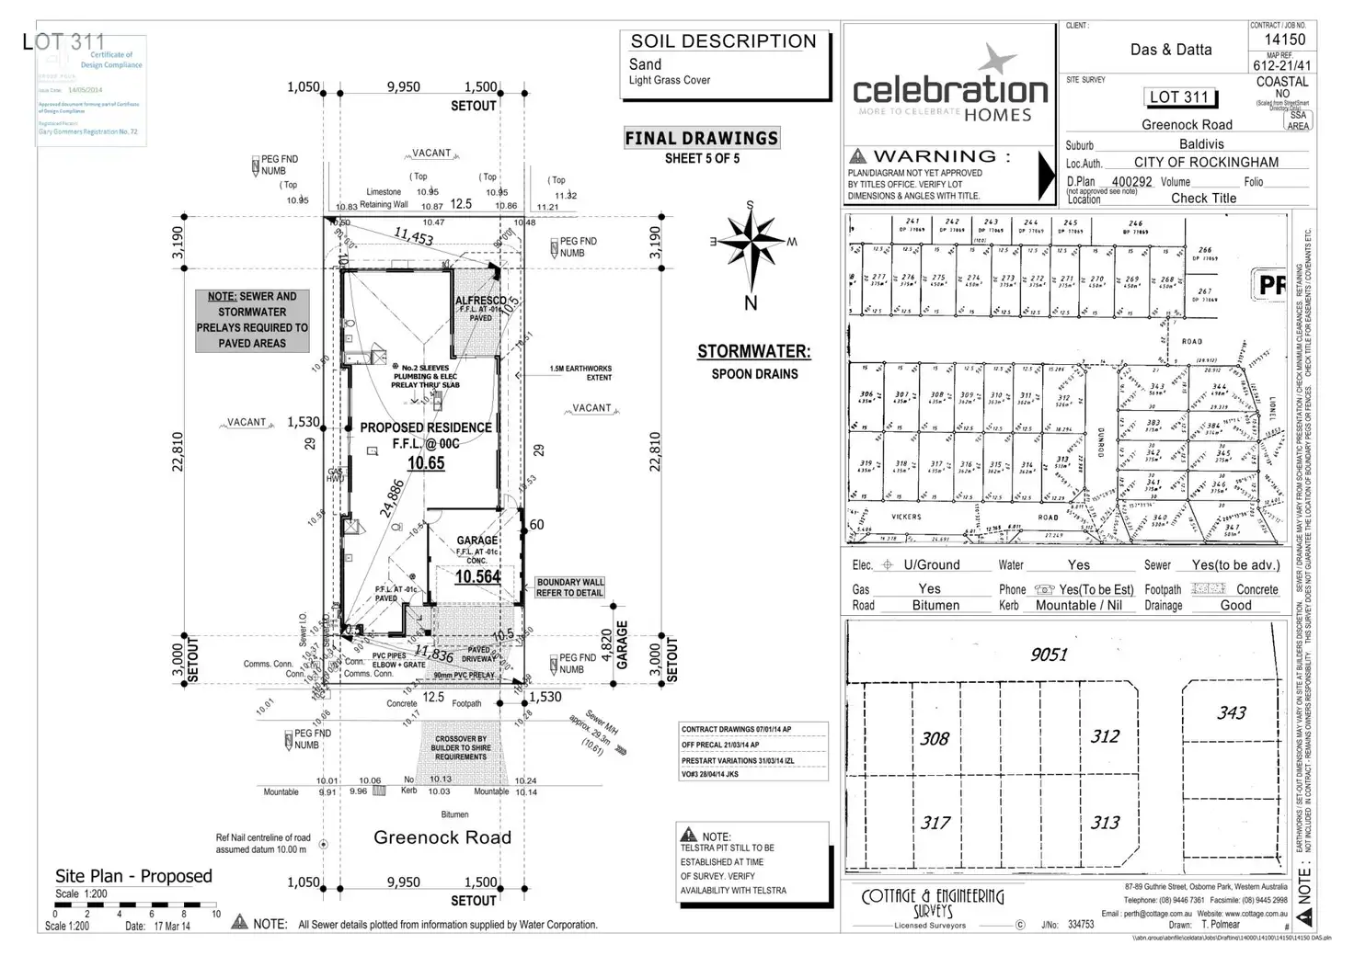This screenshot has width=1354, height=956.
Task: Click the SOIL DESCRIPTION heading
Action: click(723, 41)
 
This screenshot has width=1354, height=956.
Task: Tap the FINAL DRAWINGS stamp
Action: click(702, 139)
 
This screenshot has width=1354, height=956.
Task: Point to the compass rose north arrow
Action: click(752, 248)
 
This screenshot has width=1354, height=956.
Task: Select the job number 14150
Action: click(1284, 40)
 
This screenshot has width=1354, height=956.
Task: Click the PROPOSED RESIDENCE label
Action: click(425, 427)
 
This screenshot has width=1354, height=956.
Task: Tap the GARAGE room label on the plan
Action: click(477, 541)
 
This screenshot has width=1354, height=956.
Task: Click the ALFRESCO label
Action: click(480, 301)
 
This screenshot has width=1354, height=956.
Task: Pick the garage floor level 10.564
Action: click(477, 576)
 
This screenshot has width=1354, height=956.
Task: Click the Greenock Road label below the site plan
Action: click(442, 837)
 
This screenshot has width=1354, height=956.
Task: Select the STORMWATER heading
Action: click(753, 351)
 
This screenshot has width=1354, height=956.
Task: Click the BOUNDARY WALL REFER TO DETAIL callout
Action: click(570, 587)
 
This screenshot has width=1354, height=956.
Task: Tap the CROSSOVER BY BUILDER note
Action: click(461, 747)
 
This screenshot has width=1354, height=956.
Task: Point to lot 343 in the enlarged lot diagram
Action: click(1231, 712)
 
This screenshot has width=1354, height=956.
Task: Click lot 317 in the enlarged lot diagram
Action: click(935, 823)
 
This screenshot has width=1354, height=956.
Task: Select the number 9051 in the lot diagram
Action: click(1049, 654)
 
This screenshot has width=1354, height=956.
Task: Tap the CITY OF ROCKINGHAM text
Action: click(1206, 162)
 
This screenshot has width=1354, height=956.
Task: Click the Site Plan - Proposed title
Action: click(133, 876)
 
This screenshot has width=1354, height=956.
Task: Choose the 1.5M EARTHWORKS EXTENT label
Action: click(580, 372)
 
